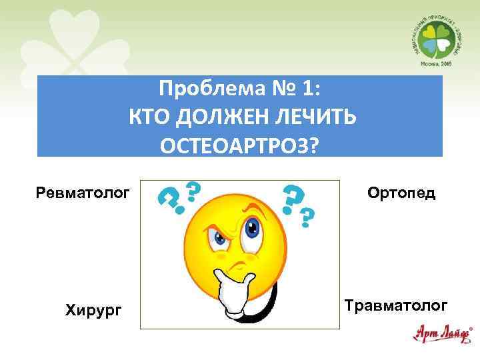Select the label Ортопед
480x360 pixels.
click(401, 193)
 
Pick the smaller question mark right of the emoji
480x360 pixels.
click(307, 216)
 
